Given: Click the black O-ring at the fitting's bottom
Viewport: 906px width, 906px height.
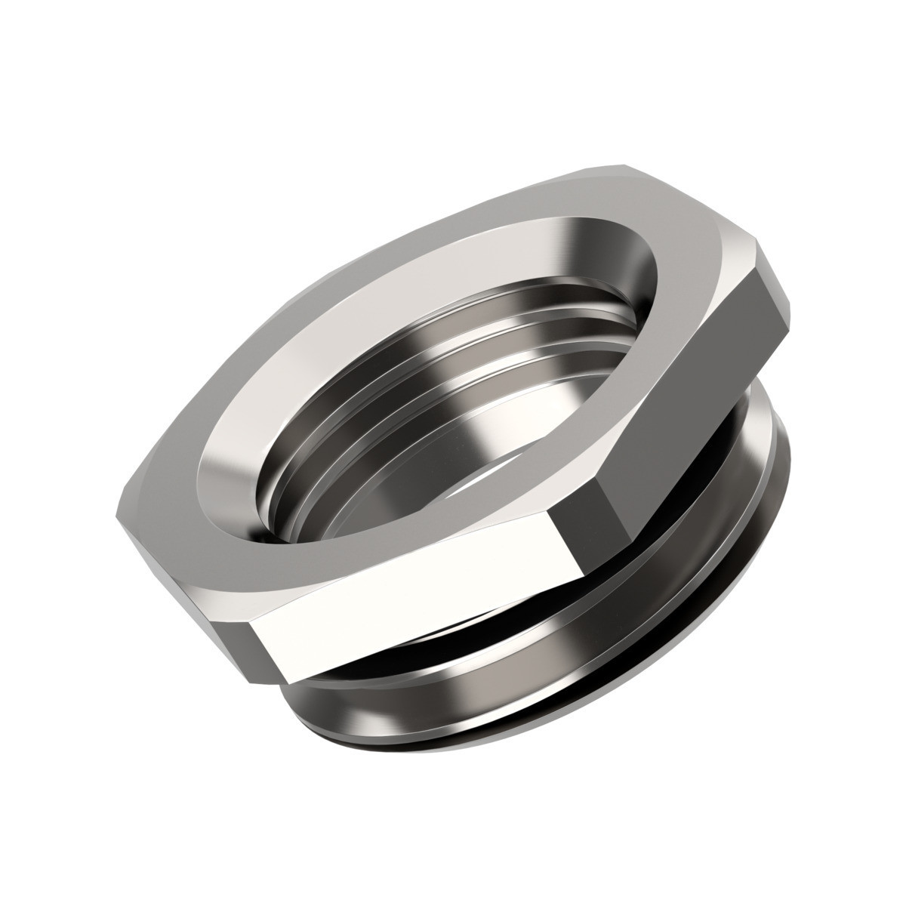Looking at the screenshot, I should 528,755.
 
